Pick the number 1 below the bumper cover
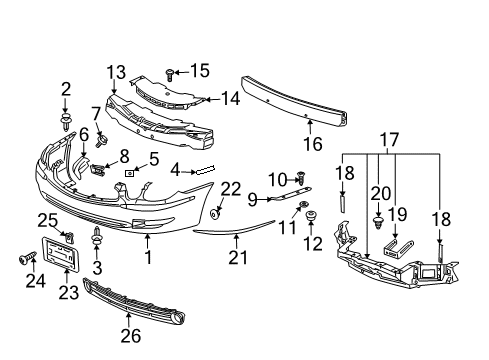(x=147, y=257)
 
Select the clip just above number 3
(x=97, y=237)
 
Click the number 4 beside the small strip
(x=176, y=172)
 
